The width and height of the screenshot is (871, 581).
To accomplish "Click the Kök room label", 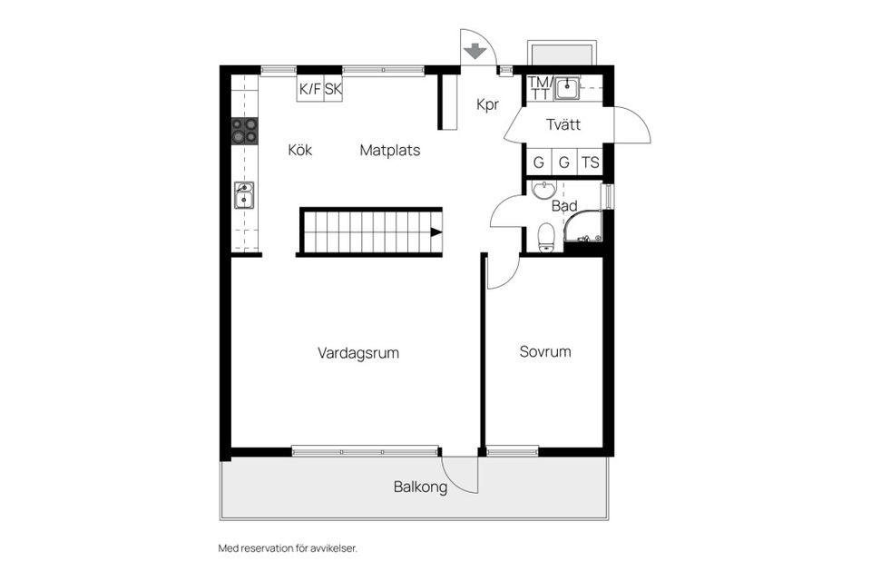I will point(299,150).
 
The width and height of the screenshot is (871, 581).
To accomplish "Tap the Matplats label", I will point(389,150).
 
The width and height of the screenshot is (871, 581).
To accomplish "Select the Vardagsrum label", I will point(358,352).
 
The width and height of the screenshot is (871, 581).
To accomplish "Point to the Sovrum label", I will point(545,351).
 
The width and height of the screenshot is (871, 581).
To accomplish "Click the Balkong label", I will point(420,487).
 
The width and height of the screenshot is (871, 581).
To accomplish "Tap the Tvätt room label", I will point(563,125).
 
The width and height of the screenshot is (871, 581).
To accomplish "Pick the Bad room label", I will point(564,206).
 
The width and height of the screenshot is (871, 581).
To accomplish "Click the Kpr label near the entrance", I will point(488,104).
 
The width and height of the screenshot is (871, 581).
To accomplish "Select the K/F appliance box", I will point(310,89).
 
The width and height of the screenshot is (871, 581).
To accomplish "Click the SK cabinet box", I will point(333,89).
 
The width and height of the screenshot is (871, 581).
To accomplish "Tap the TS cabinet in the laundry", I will point(591,162).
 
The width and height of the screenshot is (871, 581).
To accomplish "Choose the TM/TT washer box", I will point(539,87).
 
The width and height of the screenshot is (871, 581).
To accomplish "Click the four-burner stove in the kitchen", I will point(244,132).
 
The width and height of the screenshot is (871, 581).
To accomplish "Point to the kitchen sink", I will point(244,194).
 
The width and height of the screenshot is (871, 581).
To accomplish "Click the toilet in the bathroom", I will point(545,238).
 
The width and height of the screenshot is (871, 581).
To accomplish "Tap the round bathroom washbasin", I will point(543,190).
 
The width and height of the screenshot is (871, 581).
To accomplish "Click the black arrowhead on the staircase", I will point(436,232).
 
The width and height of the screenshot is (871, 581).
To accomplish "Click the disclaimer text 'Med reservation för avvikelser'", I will point(294,548).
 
